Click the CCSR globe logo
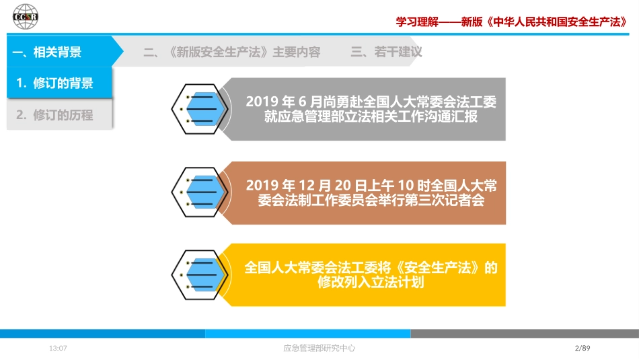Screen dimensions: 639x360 [26, 17]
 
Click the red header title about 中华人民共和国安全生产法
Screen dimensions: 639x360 [511, 22]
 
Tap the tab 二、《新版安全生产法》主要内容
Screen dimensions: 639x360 [231, 52]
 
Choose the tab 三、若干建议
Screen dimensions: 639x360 [386, 52]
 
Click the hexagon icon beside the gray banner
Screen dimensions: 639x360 [200, 109]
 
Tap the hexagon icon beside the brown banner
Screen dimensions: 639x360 [200, 192]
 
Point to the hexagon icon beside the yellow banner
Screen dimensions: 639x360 [200, 275]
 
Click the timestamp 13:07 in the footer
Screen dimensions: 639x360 [58, 348]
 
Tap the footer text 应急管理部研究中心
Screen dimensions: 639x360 [319, 348]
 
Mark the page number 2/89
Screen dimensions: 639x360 [582, 348]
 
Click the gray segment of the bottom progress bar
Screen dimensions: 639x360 [525, 334]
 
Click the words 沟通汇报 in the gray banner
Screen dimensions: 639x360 [451, 116]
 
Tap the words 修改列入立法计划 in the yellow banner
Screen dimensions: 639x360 [371, 282]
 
